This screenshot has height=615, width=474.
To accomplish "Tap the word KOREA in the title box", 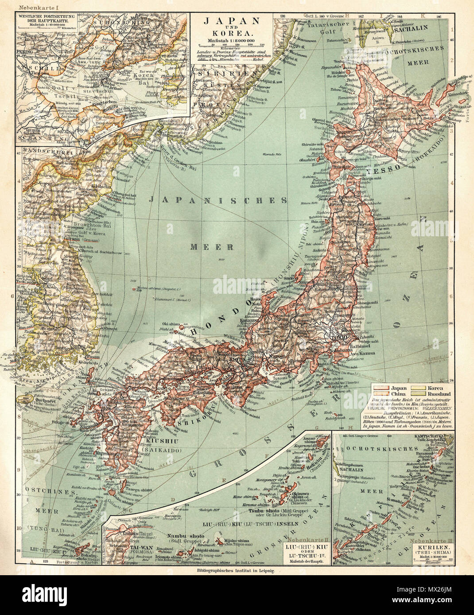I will (231, 33).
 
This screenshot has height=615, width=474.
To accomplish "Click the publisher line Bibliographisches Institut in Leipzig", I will (237, 571).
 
